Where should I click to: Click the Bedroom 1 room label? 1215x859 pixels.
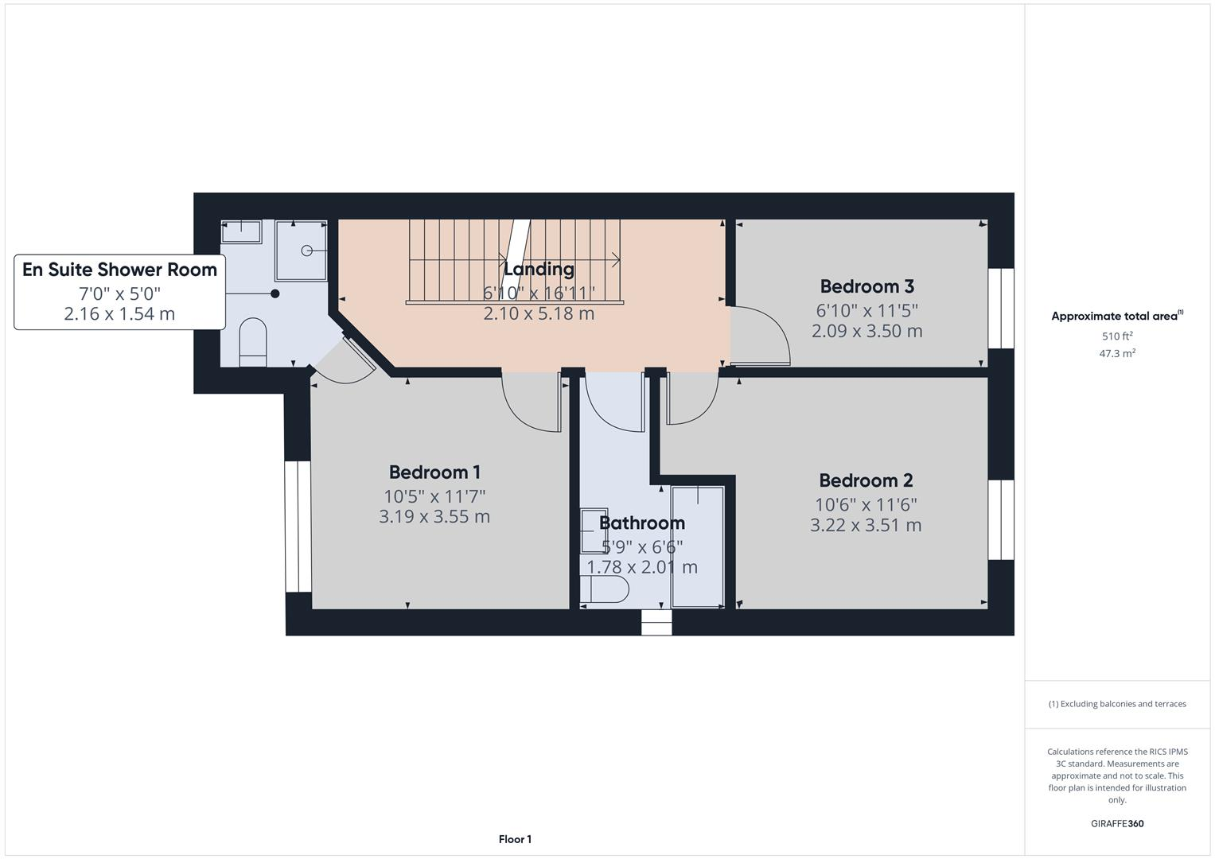(x=434, y=472)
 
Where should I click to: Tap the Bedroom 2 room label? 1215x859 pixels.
(x=866, y=480)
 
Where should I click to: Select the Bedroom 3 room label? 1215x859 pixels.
(x=866, y=286)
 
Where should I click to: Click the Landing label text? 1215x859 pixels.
(x=539, y=269)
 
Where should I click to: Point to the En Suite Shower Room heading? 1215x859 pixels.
(x=119, y=270)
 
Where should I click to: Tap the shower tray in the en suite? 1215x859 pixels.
(x=301, y=251)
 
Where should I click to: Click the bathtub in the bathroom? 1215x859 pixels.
(x=697, y=546)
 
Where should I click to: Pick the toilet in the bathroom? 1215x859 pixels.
(x=605, y=590)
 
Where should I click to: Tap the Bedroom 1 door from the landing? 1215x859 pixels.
(x=532, y=402)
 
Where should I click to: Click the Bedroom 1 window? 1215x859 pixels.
(x=298, y=526)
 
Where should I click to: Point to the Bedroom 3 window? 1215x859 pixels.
(x=1001, y=309)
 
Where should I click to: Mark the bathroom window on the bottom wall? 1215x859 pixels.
(x=656, y=623)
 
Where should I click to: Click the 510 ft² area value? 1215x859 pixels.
(x=1117, y=336)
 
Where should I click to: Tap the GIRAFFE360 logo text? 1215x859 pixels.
(x=1117, y=824)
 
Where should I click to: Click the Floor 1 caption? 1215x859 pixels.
(x=515, y=839)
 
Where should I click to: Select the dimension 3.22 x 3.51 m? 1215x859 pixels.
(x=866, y=525)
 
